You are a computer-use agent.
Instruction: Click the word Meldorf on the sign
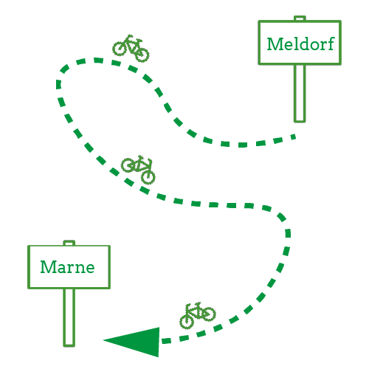point(300,44)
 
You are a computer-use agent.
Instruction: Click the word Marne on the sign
point(67,267)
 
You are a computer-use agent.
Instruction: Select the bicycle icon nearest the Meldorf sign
point(131,48)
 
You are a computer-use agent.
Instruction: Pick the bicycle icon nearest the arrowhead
point(198,316)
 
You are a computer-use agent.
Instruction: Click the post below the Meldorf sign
point(300,93)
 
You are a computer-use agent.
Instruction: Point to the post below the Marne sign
point(69,317)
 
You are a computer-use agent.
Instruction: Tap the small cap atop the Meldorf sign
point(300,18)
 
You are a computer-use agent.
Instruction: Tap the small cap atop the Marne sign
point(69,243)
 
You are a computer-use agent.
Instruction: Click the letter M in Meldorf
point(275,44)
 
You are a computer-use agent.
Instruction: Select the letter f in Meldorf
point(331,44)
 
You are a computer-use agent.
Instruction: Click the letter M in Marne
point(48,267)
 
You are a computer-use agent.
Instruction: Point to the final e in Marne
point(90,269)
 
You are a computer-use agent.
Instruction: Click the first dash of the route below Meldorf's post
point(293,137)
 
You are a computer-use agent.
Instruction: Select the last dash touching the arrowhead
point(166,341)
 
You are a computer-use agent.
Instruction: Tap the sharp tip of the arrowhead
point(103,340)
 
